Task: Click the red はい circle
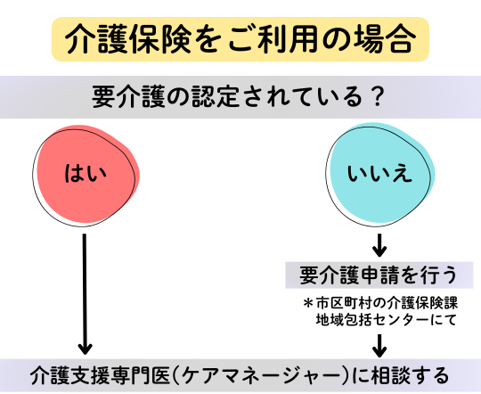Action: click(x=86, y=175)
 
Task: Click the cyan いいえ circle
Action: click(x=379, y=175)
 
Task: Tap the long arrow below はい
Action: click(x=85, y=294)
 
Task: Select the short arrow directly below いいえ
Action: click(x=379, y=245)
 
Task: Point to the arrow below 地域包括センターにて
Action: click(x=379, y=346)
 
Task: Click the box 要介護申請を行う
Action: click(x=379, y=275)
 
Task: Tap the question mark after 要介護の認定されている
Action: click(x=376, y=97)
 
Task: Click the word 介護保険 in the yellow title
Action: click(x=128, y=39)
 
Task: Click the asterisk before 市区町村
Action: click(x=307, y=303)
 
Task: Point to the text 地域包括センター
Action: click(x=372, y=320)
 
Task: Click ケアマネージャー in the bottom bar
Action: click(x=258, y=375)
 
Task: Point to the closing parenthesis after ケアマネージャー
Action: click(x=346, y=375)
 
